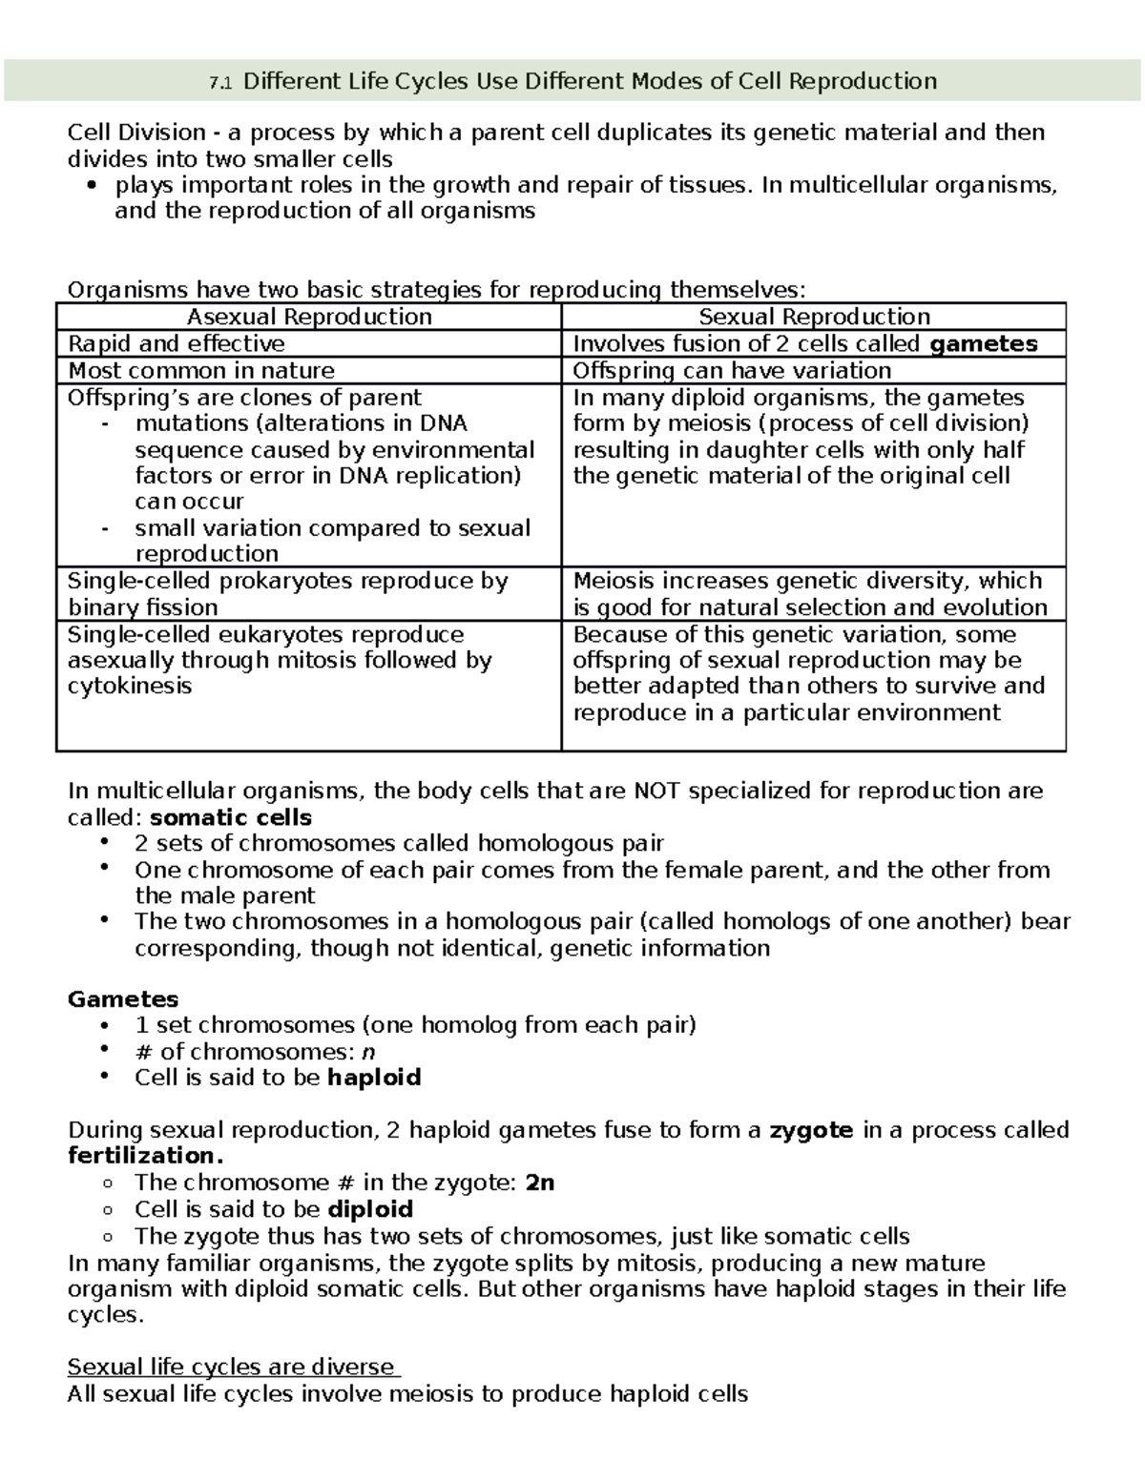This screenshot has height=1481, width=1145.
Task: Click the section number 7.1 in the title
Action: click(219, 83)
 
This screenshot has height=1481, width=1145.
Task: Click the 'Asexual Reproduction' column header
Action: click(309, 317)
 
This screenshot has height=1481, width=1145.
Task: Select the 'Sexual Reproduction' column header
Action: click(814, 317)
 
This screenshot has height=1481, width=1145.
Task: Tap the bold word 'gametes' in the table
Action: click(983, 344)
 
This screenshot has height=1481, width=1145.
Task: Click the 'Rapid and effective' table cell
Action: click(177, 344)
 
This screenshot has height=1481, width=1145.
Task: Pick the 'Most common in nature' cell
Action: click(201, 371)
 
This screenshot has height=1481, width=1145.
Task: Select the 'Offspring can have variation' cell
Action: click(732, 371)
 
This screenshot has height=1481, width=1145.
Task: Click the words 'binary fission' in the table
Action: click(143, 607)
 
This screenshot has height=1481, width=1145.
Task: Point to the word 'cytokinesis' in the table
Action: click(130, 687)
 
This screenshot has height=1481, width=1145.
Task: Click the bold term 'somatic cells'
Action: click(232, 817)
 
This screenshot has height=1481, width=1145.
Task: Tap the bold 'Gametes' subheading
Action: click(123, 999)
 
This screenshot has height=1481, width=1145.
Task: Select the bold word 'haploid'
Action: click(374, 1078)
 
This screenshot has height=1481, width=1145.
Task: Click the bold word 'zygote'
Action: click(811, 1130)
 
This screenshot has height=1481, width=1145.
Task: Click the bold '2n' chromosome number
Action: click(540, 1183)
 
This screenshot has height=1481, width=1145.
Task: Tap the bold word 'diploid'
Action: click(370, 1209)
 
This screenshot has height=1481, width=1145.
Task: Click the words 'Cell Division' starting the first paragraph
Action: click(136, 132)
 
